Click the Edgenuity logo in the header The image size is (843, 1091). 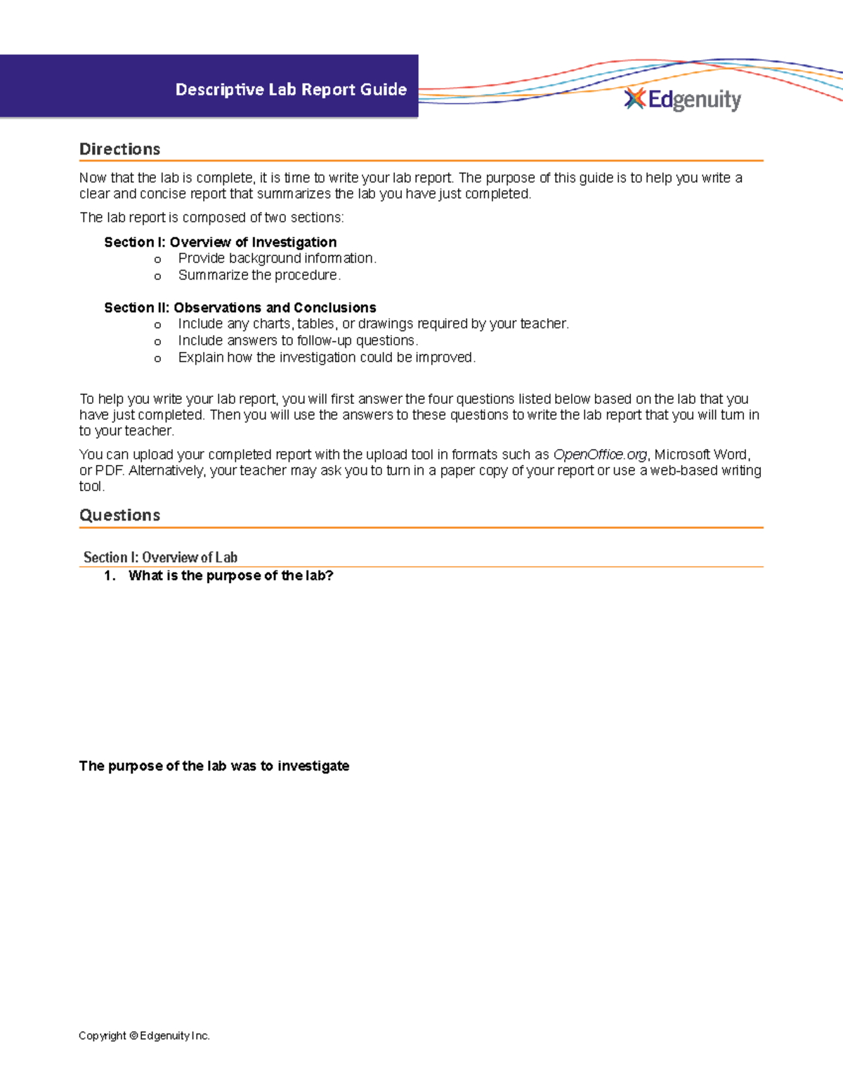[683, 100]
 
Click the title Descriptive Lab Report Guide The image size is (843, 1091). [291, 90]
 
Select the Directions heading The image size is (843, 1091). [119, 149]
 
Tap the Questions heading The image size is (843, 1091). [119, 515]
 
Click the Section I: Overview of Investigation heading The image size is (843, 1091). [220, 242]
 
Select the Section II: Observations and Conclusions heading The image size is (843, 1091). [240, 308]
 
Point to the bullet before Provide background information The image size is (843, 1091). [158, 260]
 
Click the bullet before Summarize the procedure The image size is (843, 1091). [158, 277]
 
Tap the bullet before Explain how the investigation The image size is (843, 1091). [158, 359]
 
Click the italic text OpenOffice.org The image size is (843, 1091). [599, 455]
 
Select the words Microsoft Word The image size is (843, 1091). [700, 455]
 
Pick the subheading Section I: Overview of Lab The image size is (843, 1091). [160, 557]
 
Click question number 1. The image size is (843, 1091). [109, 576]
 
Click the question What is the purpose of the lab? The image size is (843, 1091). [230, 576]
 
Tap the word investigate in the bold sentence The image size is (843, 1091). [313, 766]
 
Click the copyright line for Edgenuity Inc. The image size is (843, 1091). [144, 1036]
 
